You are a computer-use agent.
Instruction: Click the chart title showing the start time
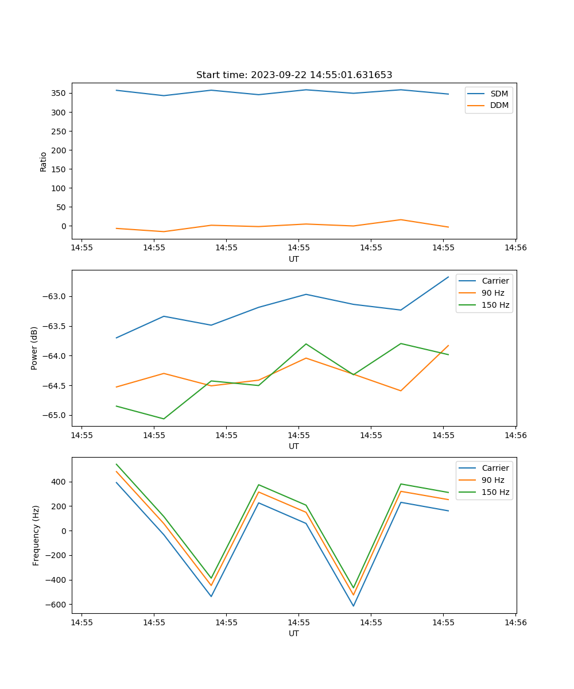(x=294, y=75)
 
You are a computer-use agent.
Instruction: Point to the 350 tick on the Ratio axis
(x=59, y=93)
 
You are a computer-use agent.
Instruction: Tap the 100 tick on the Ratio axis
(x=59, y=188)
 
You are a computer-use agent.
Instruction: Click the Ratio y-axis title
(x=44, y=162)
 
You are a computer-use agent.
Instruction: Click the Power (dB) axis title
(x=34, y=348)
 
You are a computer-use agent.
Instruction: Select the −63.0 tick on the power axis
(x=55, y=296)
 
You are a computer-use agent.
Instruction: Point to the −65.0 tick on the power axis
(x=55, y=415)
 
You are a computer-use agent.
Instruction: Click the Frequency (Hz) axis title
(x=36, y=535)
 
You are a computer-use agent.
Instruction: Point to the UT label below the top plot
(x=294, y=259)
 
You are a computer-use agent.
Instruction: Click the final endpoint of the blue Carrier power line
(x=448, y=277)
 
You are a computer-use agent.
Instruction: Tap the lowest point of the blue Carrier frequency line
(x=354, y=606)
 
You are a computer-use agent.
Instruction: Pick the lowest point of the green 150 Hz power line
(x=164, y=419)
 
